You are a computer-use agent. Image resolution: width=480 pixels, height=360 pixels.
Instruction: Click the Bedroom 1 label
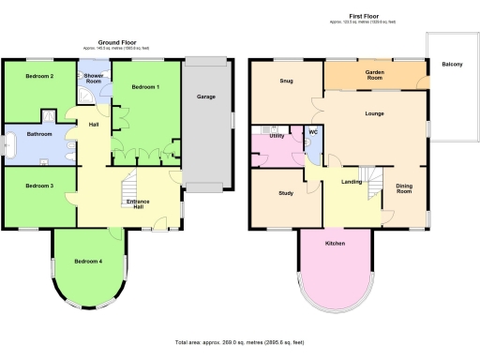(x=145, y=87)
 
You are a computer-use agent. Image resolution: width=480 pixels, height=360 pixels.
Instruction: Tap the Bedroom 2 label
(x=38, y=75)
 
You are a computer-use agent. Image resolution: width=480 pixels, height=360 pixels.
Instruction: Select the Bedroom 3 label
(x=38, y=186)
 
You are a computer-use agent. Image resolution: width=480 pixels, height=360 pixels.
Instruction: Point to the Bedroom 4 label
(x=88, y=261)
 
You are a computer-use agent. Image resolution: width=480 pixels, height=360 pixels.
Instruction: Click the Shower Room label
(x=94, y=78)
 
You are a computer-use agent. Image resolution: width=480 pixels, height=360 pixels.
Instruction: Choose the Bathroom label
(x=39, y=134)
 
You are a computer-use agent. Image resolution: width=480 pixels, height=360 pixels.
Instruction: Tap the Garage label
(x=206, y=97)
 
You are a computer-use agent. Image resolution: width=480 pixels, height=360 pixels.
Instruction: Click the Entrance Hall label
(x=138, y=203)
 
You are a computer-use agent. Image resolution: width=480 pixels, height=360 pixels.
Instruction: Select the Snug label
(x=286, y=81)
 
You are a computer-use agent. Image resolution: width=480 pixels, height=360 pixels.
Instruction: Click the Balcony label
(x=450, y=64)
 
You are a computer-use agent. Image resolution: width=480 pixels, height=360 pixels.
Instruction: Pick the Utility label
(x=277, y=136)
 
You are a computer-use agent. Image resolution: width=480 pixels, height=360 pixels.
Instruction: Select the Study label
(x=286, y=194)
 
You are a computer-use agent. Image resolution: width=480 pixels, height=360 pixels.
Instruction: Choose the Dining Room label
(x=404, y=188)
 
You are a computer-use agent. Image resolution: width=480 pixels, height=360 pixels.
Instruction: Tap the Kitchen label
(x=336, y=243)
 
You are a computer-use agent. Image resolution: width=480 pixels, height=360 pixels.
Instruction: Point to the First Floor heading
(x=364, y=16)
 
